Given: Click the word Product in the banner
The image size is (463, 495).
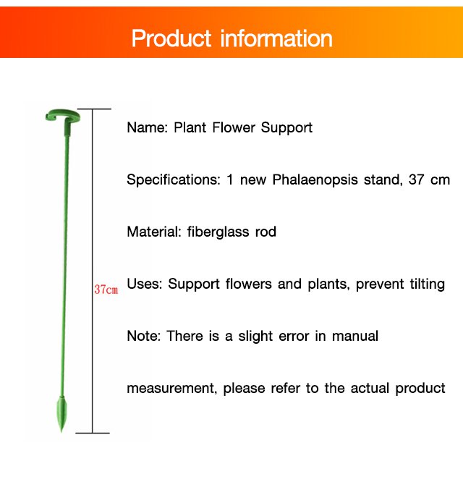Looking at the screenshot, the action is (171, 38).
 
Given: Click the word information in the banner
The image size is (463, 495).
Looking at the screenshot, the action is (276, 38).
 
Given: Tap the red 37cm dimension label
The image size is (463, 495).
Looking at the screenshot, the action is (106, 289).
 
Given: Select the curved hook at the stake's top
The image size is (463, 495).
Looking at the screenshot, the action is (62, 116).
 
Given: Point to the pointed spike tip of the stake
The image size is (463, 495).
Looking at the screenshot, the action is (61, 431).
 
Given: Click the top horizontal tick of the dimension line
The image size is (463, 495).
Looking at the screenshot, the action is (94, 109).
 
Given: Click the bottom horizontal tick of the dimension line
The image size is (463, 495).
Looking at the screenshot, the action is (93, 433).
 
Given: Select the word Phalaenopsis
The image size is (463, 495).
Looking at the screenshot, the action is (315, 179).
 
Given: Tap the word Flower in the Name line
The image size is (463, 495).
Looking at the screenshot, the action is (234, 127).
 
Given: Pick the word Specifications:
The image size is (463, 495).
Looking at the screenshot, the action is (174, 180).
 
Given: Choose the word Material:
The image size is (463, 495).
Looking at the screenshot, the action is (154, 232).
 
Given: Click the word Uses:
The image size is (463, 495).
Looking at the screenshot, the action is (145, 284).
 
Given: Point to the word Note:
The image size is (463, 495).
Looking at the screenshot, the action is (144, 336).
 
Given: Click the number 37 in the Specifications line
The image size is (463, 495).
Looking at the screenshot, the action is (416, 179).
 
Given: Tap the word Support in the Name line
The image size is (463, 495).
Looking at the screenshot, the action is (286, 128).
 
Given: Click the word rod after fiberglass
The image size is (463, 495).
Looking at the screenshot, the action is (266, 232).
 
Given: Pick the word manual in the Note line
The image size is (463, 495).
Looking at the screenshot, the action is (355, 336).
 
